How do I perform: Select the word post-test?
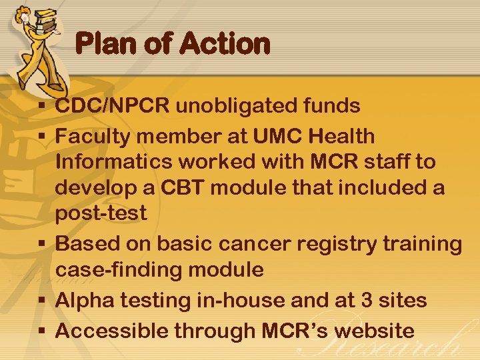click(101, 213)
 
